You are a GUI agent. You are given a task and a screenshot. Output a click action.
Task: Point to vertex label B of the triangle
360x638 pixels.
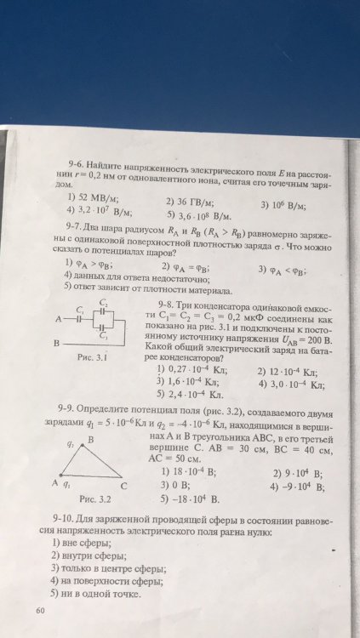[x=91, y=439]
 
